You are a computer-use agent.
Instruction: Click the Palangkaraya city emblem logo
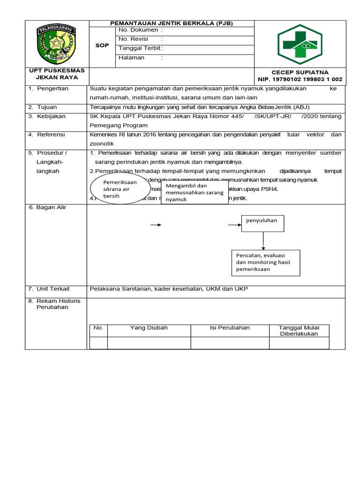pyautogui.click(x=56, y=44)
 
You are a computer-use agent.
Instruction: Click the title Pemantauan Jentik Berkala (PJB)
pyautogui.click(x=171, y=23)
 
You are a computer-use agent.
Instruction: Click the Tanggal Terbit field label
pyautogui.click(x=140, y=48)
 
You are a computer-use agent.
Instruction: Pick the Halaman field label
pyautogui.click(x=132, y=58)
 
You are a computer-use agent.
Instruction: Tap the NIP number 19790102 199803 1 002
pyautogui.click(x=300, y=80)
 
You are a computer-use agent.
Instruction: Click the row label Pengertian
pyautogui.click(x=52, y=89)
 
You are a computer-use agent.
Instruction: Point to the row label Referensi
pyautogui.click(x=52, y=135)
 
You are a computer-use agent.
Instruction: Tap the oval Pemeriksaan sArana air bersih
pyautogui.click(x=120, y=189)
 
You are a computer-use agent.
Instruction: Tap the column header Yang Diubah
pyautogui.click(x=149, y=328)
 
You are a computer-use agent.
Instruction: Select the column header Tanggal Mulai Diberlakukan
pyautogui.click(x=299, y=330)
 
